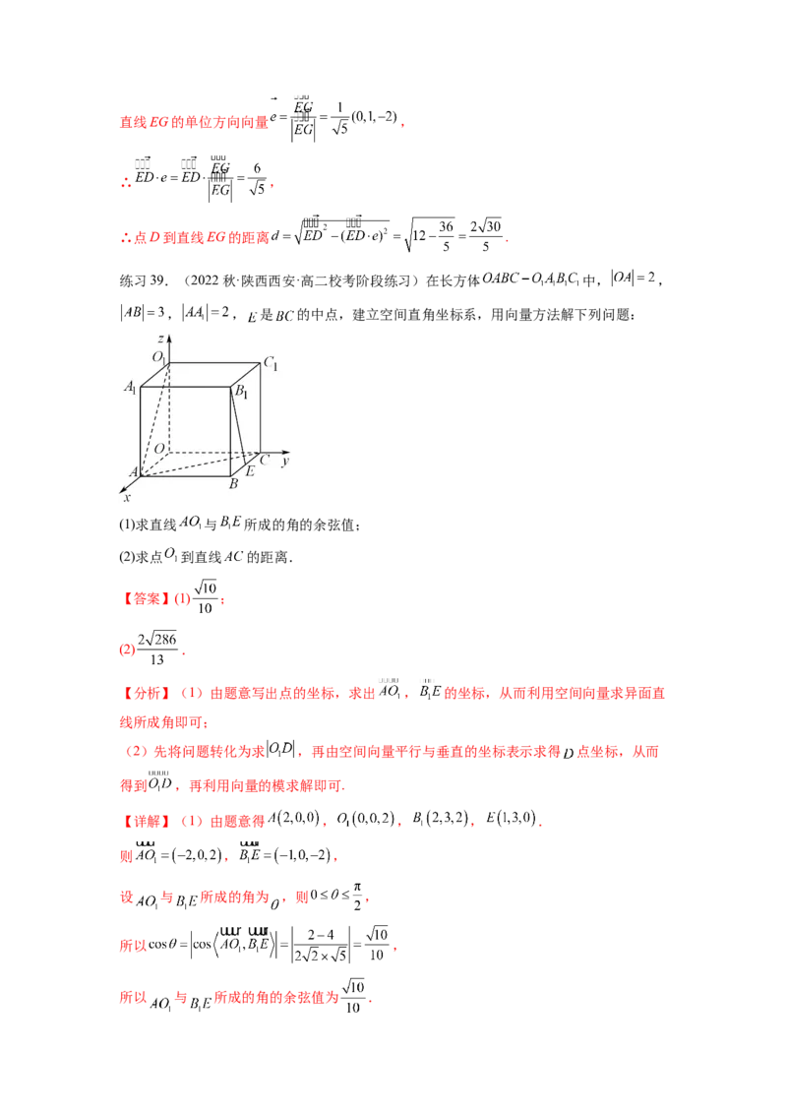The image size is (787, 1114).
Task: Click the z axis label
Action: [x=160, y=339]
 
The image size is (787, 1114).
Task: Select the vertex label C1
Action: [x=271, y=364]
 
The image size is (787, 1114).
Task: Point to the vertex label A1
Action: [x=130, y=388]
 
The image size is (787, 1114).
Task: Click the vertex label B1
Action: [x=240, y=393]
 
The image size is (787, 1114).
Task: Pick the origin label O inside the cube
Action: [x=158, y=449]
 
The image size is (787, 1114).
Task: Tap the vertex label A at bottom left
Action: [x=133, y=473]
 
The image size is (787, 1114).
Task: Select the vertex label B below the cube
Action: [x=234, y=484]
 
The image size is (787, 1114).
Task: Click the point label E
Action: [x=250, y=472]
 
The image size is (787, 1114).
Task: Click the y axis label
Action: [x=284, y=460]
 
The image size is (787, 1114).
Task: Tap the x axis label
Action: [x=127, y=497]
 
